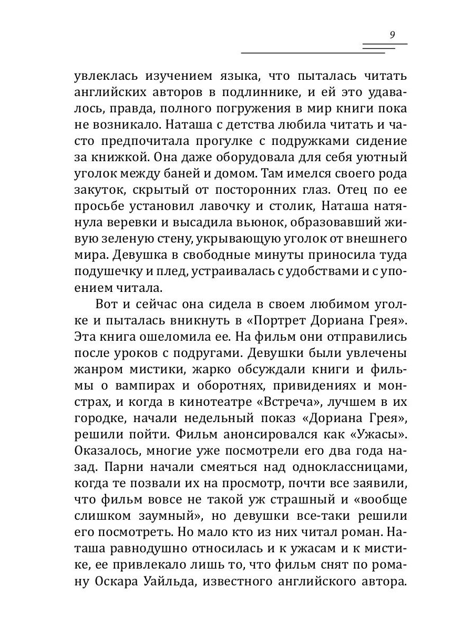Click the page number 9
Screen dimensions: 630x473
tap(392, 35)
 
